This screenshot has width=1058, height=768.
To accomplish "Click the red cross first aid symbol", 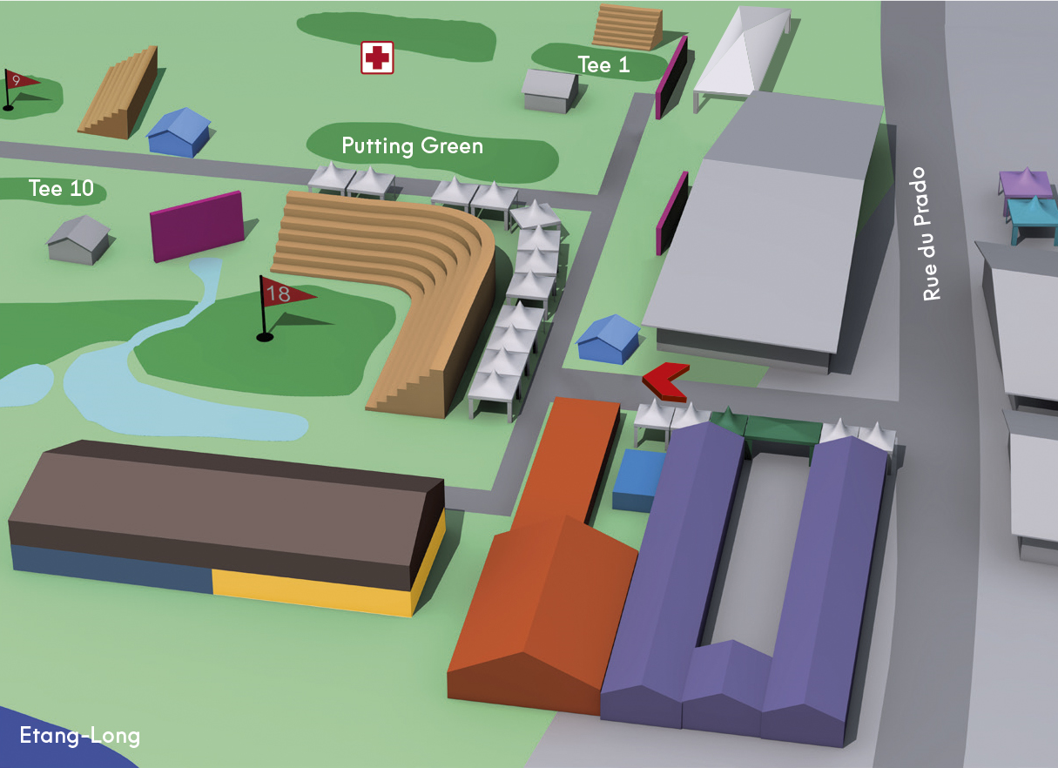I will point(377,57).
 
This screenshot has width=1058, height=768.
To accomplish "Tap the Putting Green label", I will point(412,145).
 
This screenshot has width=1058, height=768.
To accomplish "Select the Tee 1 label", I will point(603,64).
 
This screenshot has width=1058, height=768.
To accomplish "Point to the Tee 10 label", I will point(61,188).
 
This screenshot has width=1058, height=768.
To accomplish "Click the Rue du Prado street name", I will point(933,234).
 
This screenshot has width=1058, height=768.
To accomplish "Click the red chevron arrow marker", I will point(664,381).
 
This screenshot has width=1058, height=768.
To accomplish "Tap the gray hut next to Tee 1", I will point(549,90).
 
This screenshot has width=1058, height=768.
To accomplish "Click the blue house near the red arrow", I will point(608,337).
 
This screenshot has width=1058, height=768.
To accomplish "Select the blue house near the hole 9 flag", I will point(179,132).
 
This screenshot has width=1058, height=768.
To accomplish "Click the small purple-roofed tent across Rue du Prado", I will point(1025,184).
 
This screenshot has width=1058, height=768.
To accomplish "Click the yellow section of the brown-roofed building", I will point(313,594).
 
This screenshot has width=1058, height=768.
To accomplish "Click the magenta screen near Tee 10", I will point(196,226).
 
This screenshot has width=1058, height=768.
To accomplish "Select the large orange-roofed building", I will point(544,592).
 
